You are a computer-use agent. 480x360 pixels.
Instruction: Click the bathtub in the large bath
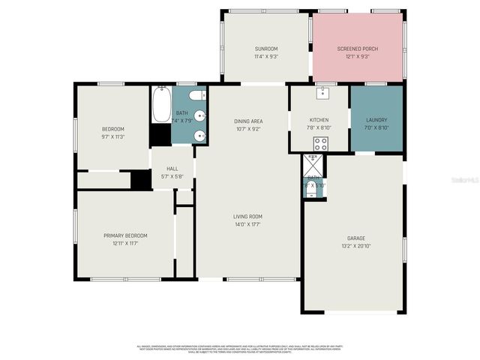pos(160,106)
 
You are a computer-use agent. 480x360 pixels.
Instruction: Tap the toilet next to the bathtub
pos(195,95)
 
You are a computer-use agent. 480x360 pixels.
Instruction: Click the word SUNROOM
pos(266,49)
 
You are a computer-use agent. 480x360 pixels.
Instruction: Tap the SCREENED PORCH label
pos(358,49)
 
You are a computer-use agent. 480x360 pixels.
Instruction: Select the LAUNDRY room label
pos(376,120)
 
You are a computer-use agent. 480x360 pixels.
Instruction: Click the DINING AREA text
pos(247,121)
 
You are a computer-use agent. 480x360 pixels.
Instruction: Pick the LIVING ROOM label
pos(247,216)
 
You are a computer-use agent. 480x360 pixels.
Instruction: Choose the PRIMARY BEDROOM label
pos(125,235)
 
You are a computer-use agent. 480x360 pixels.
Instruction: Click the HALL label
pos(172,169)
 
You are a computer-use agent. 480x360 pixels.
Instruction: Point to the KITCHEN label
pos(319,120)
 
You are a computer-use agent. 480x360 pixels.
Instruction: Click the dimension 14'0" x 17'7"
pos(247,223)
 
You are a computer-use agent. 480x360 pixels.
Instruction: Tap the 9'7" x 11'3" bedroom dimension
pos(112,136)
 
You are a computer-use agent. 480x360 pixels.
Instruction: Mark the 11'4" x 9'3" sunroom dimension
pos(266,56)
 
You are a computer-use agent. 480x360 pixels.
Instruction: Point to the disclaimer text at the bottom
pos(240,349)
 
